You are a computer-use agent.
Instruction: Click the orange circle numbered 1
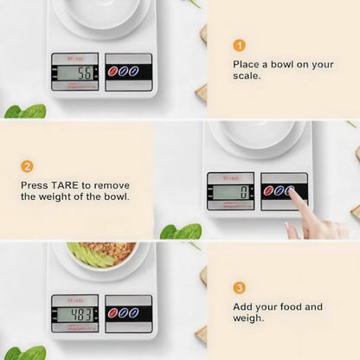click(240, 45)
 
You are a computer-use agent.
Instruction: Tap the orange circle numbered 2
click(28, 166)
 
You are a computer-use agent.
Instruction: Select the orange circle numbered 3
click(240, 287)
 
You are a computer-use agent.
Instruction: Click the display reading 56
click(76, 72)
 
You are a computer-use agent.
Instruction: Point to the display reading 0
click(231, 191)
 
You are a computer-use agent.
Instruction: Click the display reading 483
click(76, 313)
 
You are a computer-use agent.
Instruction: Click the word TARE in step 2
click(69, 184)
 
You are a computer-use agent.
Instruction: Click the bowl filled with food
click(103, 254)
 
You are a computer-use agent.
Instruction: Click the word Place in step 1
click(248, 64)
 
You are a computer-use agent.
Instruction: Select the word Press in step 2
click(35, 184)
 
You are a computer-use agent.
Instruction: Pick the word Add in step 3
click(245, 306)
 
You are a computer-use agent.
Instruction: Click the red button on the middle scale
click(270, 190)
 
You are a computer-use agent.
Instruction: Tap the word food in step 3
click(289, 306)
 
